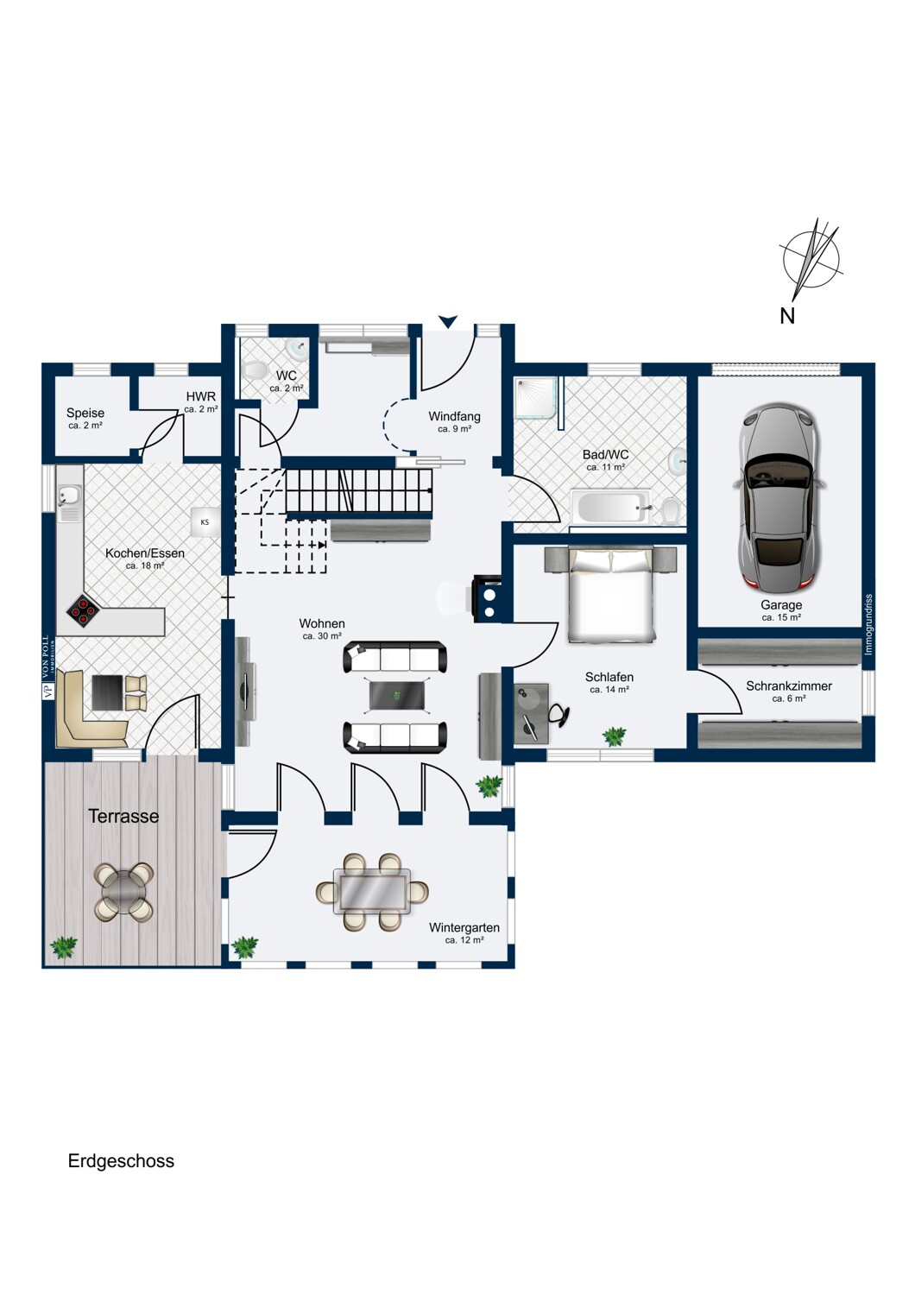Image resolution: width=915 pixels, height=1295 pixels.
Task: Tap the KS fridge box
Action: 205,522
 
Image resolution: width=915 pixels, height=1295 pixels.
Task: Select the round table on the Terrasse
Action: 123,892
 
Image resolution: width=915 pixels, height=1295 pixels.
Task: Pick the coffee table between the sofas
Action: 397,695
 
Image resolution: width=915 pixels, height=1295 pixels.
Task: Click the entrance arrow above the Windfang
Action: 448,321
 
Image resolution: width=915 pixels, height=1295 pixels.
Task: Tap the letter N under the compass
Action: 786,316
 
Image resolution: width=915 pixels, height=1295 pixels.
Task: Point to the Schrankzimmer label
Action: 788,686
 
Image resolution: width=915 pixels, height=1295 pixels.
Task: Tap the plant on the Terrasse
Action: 63,947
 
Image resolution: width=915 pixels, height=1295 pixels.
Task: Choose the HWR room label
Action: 200,396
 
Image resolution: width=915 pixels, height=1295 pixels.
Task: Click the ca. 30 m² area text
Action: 322,636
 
